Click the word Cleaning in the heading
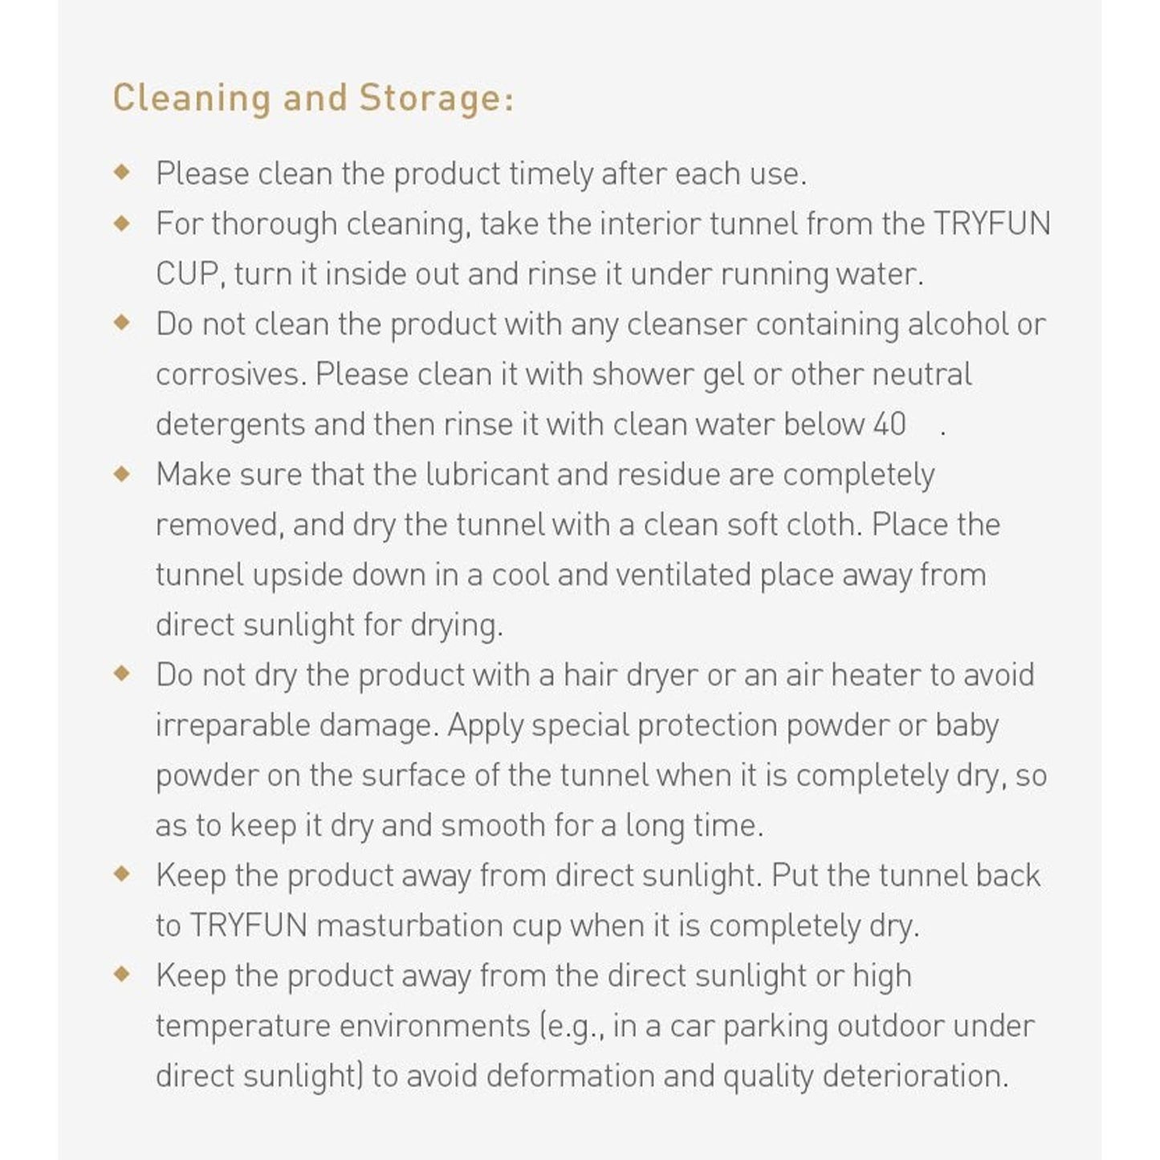click(191, 99)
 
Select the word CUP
click(186, 275)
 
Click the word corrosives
click(230, 375)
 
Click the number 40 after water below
click(889, 425)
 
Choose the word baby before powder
click(967, 725)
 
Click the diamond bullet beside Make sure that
click(122, 474)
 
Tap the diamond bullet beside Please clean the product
click(122, 173)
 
